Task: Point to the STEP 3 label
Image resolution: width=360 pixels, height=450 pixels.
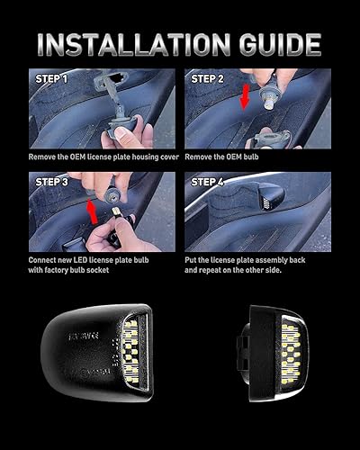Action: [50, 181]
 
